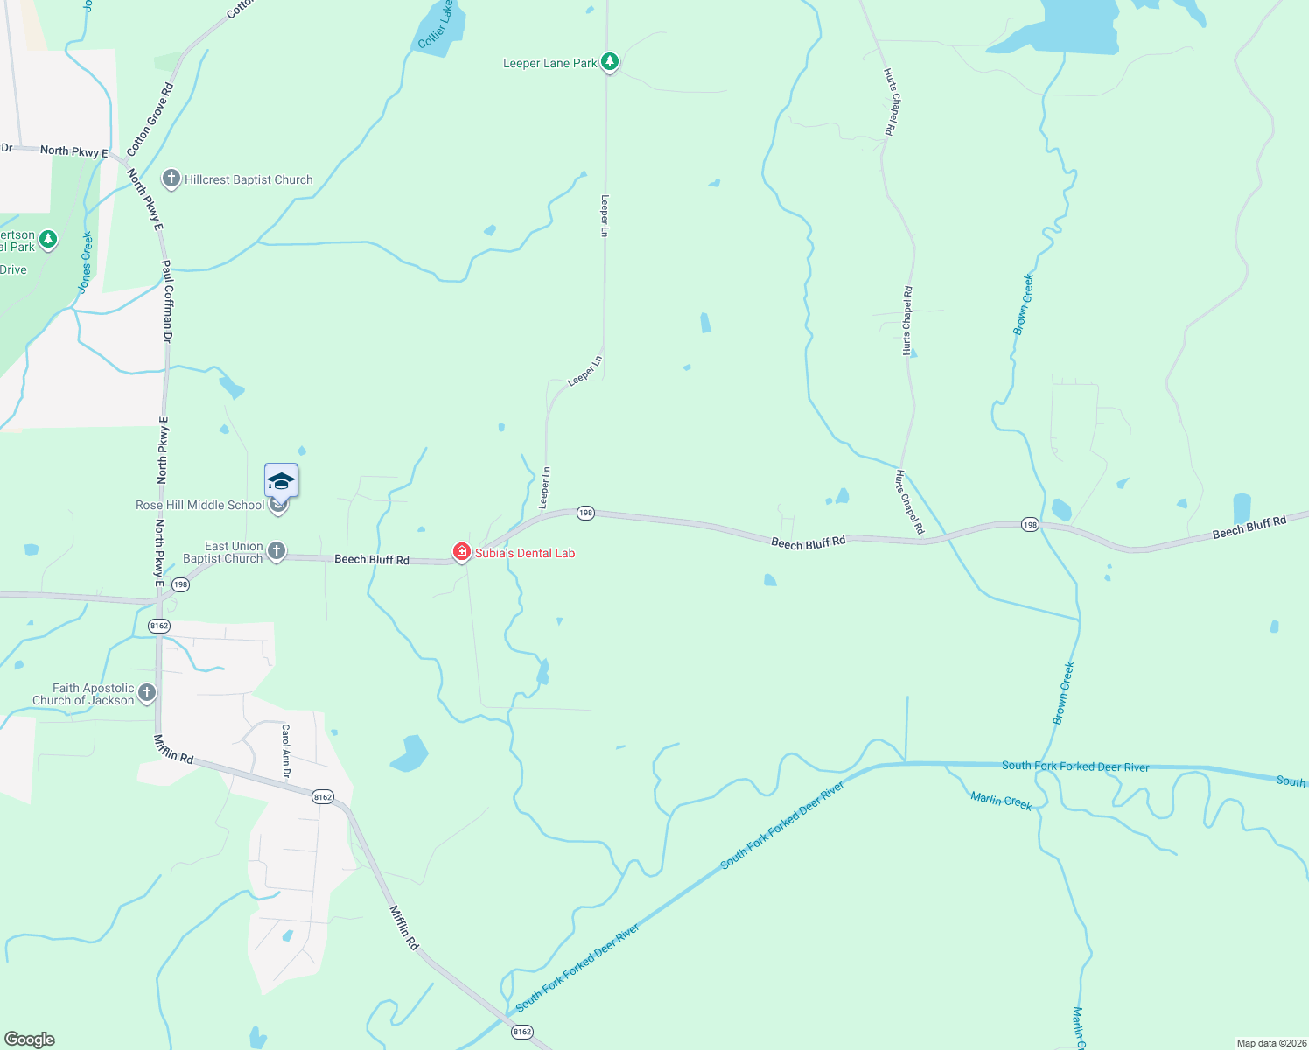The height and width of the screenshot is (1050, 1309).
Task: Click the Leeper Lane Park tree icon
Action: [x=610, y=62]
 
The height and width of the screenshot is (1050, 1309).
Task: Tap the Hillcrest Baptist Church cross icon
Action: [x=171, y=179]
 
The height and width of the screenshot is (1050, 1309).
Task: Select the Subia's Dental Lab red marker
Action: [x=461, y=551]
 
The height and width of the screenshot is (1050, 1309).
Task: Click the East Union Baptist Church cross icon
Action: [x=276, y=551]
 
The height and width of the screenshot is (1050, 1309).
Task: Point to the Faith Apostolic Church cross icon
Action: [x=147, y=693]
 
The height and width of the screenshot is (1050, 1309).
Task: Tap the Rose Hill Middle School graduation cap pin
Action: [x=281, y=482]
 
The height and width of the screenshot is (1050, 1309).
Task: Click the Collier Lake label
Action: [x=436, y=24]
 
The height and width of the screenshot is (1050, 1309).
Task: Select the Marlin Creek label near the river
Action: [x=1001, y=801]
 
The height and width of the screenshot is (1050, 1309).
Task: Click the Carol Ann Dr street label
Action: [x=285, y=751]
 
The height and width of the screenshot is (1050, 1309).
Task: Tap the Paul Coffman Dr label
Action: [x=167, y=300]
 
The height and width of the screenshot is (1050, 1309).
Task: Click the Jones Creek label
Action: [x=85, y=262]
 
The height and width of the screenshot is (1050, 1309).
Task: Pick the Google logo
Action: [x=30, y=1039]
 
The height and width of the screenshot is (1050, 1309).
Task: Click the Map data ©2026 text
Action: [x=1270, y=1043]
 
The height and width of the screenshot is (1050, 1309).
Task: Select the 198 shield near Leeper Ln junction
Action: [x=585, y=513]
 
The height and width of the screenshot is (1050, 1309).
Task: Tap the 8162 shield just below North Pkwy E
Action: [x=159, y=626]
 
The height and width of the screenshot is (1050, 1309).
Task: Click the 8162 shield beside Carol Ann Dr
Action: [x=322, y=796]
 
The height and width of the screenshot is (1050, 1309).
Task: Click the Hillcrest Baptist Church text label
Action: [x=248, y=179]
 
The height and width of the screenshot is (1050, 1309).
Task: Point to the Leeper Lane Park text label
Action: [x=549, y=63]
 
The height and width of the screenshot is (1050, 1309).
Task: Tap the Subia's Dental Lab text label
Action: [x=525, y=553]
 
